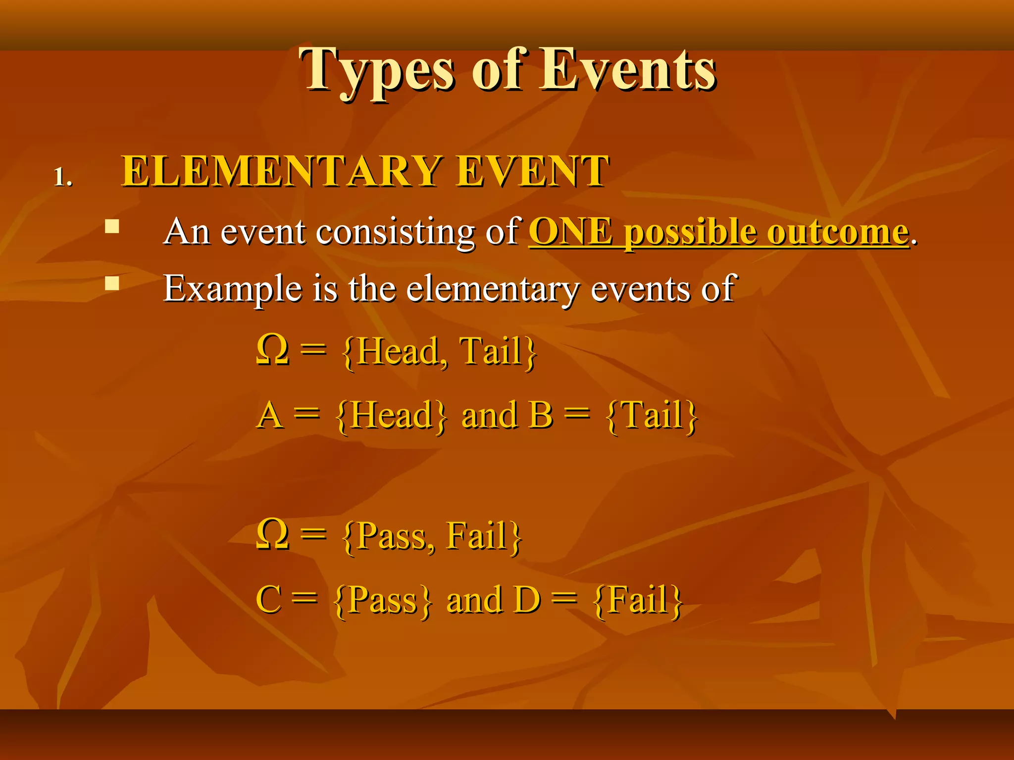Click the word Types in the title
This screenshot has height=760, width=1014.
click(x=376, y=70)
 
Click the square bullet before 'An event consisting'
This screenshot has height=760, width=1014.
click(x=112, y=227)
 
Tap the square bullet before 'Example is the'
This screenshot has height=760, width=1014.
click(x=112, y=283)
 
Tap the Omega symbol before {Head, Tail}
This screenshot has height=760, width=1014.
click(x=273, y=350)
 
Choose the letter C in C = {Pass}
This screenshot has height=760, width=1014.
click(x=269, y=600)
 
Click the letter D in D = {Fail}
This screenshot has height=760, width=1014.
click(x=527, y=600)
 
